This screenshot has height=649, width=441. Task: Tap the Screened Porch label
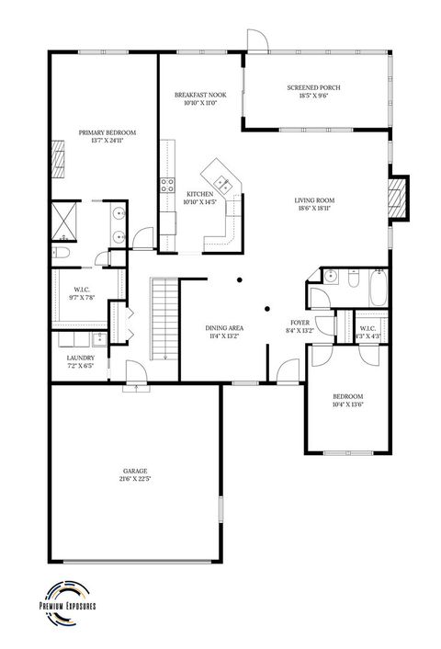pos(313,88)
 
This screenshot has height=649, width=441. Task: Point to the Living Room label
pos(314,200)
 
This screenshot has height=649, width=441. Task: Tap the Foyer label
pos(300,323)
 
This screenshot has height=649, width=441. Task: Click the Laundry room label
pos(81,358)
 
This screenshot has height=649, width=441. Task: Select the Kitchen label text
pos(200,195)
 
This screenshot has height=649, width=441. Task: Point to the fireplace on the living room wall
pos(397,198)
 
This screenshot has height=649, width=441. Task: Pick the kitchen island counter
pos(220,172)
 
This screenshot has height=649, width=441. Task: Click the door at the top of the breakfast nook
pos(256,41)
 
